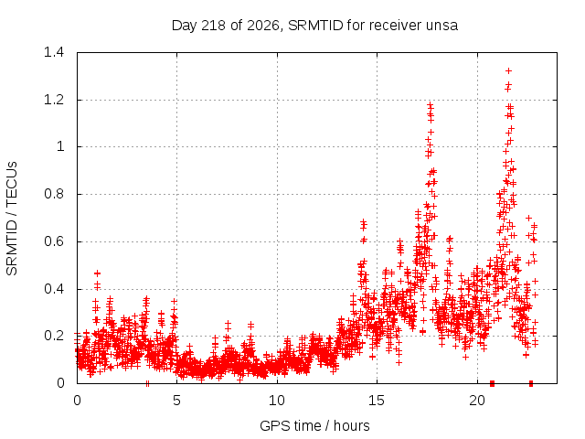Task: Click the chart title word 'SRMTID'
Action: tap(315, 26)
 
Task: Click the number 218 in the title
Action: tap(213, 26)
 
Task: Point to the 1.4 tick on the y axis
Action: tap(54, 52)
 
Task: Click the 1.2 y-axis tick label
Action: tap(54, 100)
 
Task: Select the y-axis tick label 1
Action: tap(60, 146)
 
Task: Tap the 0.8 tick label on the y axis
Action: tap(54, 194)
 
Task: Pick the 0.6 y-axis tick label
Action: tap(54, 241)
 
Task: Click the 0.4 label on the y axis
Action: tap(54, 289)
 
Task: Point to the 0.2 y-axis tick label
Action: tap(54, 336)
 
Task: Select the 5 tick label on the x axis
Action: tap(176, 401)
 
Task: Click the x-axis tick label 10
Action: tap(277, 401)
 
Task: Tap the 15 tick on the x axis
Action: tap(377, 401)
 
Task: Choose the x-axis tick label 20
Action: tap(477, 401)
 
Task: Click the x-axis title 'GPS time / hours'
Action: tap(314, 425)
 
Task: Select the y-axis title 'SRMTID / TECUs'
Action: tap(12, 219)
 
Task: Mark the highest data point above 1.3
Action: tap(508, 71)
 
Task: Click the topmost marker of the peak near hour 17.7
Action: tap(431, 105)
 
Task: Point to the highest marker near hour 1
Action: tap(98, 273)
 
